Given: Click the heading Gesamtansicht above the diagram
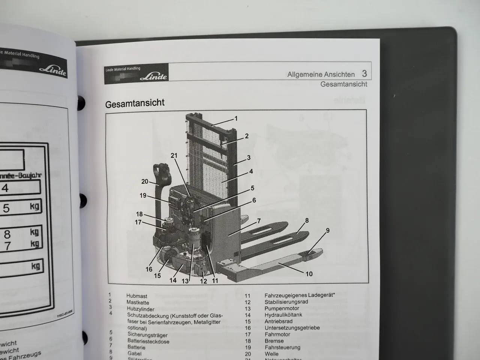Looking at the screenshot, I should [135, 103].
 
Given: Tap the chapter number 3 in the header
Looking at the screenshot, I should [364, 73].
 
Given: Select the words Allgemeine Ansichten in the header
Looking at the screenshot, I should [321, 74].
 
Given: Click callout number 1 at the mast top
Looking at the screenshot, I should [236, 118].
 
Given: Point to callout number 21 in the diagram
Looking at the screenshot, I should [174, 156].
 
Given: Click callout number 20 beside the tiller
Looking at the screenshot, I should [145, 181].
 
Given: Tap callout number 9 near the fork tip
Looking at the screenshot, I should [328, 230].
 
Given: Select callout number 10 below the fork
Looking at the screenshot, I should [309, 274].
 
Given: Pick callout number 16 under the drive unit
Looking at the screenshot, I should [149, 269].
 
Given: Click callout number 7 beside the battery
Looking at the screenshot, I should [259, 221].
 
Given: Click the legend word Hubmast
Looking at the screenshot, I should [137, 296].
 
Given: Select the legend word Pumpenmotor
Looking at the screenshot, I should [282, 308].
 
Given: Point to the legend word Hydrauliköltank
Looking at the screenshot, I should [283, 315].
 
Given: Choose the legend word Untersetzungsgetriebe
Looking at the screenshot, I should [292, 328].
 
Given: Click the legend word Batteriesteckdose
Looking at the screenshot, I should [148, 341].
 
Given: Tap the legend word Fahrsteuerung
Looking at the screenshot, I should [282, 347].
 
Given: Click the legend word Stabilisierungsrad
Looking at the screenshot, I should [286, 302].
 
